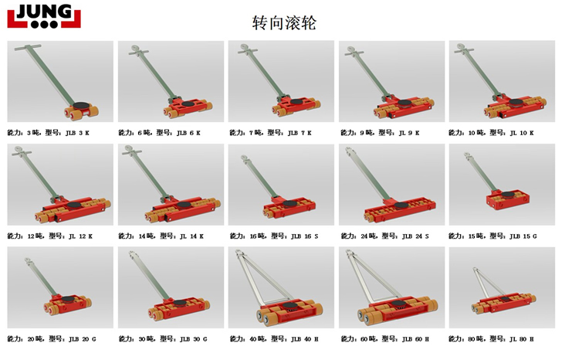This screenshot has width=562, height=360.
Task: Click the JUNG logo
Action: [x=44, y=16]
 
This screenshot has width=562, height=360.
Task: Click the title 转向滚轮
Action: [x=284, y=22]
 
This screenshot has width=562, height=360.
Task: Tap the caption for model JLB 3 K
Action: [x=49, y=133]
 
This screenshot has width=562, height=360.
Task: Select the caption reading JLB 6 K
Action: [x=160, y=133]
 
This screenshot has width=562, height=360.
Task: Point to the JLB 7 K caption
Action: [x=271, y=133]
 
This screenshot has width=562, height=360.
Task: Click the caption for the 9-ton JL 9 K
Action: [x=381, y=133]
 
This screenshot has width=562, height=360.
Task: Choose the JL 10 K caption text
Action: [x=492, y=133]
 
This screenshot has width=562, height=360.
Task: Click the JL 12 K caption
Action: [x=50, y=236]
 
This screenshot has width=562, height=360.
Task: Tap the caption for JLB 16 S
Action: [x=274, y=236]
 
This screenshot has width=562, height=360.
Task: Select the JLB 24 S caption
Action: [x=385, y=236]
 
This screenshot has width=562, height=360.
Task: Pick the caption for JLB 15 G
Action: [x=493, y=236]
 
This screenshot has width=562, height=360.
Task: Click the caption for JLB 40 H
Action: [x=274, y=339]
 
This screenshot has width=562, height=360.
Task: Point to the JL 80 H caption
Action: [x=492, y=339]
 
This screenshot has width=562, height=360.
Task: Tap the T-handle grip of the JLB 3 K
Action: [x=28, y=47]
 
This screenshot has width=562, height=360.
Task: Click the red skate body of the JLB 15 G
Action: [x=508, y=201]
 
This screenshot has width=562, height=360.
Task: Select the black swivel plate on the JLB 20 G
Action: [x=69, y=299]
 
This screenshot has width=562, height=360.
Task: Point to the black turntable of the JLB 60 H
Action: [x=398, y=304]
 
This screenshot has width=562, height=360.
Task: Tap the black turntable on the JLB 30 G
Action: [x=180, y=304]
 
